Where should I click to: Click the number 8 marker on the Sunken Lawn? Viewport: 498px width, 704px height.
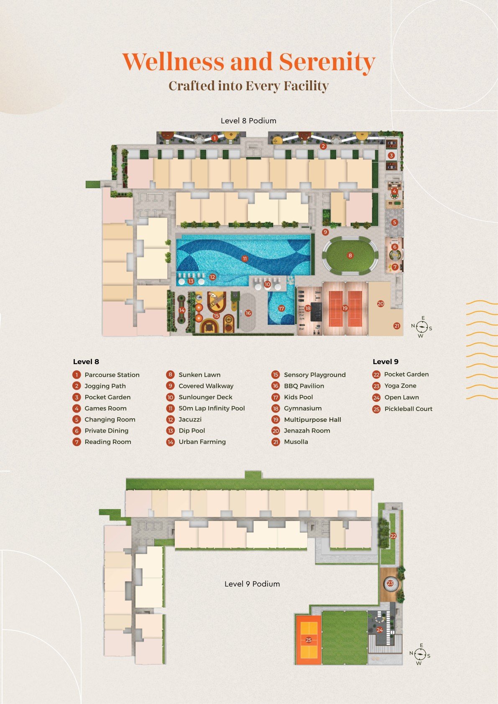(350, 255)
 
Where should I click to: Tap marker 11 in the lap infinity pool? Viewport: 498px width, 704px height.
(245, 259)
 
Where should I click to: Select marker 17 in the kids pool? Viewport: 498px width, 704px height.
(281, 309)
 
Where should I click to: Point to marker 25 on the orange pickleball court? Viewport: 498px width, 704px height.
(309, 640)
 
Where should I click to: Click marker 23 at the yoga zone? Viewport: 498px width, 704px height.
(390, 583)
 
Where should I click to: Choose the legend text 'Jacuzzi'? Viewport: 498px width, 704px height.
(190, 419)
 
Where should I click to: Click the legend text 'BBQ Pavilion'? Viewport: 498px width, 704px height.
(304, 385)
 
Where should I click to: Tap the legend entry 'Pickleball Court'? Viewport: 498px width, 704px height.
(409, 408)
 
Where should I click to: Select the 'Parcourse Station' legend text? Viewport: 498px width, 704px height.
(112, 375)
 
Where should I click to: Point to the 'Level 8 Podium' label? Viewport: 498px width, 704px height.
(248, 121)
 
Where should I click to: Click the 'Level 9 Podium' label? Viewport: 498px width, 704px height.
(252, 584)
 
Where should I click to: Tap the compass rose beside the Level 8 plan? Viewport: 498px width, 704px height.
(421, 327)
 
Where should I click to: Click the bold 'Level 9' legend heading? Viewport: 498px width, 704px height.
(386, 362)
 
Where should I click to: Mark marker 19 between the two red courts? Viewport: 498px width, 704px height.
(345, 309)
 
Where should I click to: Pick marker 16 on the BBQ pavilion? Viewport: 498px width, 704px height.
(248, 313)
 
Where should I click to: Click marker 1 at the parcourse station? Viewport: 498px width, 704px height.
(215, 138)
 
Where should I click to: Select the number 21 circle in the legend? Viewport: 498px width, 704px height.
(276, 442)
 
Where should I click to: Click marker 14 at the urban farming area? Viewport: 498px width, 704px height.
(182, 310)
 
